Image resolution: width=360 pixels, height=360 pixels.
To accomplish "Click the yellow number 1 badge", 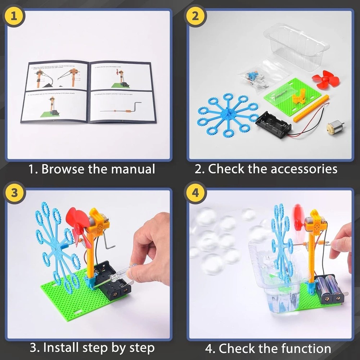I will (14, 15).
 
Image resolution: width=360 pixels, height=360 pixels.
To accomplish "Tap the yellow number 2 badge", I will (195, 15).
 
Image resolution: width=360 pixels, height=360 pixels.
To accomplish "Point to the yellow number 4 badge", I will (195, 192).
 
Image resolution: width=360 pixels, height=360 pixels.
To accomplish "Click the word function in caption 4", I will (306, 348).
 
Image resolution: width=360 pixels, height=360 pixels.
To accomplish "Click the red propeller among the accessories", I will (325, 79).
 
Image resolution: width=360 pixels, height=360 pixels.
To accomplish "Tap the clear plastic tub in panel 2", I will (297, 45).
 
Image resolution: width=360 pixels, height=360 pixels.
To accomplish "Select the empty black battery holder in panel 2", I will (273, 126).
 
